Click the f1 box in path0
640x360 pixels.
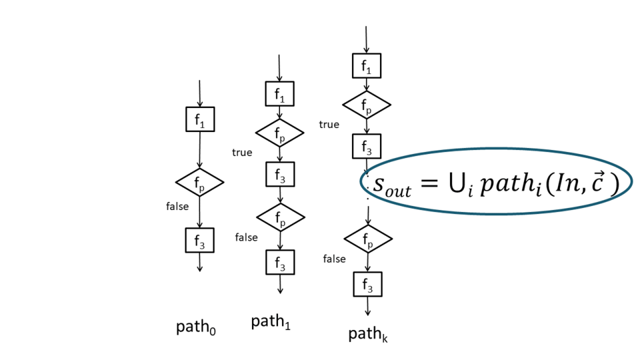tap(200, 119)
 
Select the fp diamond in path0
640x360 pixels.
tap(199, 181)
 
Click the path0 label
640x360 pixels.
tap(196, 327)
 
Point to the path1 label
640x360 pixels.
tap(271, 323)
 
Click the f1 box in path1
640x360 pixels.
tap(280, 95)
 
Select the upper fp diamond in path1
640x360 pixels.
tap(280, 134)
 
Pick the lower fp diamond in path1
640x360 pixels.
tap(281, 217)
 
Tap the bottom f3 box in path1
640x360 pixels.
tap(280, 263)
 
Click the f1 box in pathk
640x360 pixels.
tap(367, 66)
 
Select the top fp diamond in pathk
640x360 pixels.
tap(367, 105)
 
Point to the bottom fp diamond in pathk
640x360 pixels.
tap(368, 238)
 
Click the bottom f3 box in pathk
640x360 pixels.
tap(367, 285)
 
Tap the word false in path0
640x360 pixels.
tap(177, 207)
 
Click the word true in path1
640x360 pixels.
tap(242, 153)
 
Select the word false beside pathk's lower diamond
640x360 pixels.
tap(334, 259)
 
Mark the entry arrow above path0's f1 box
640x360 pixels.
tap(200, 93)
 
